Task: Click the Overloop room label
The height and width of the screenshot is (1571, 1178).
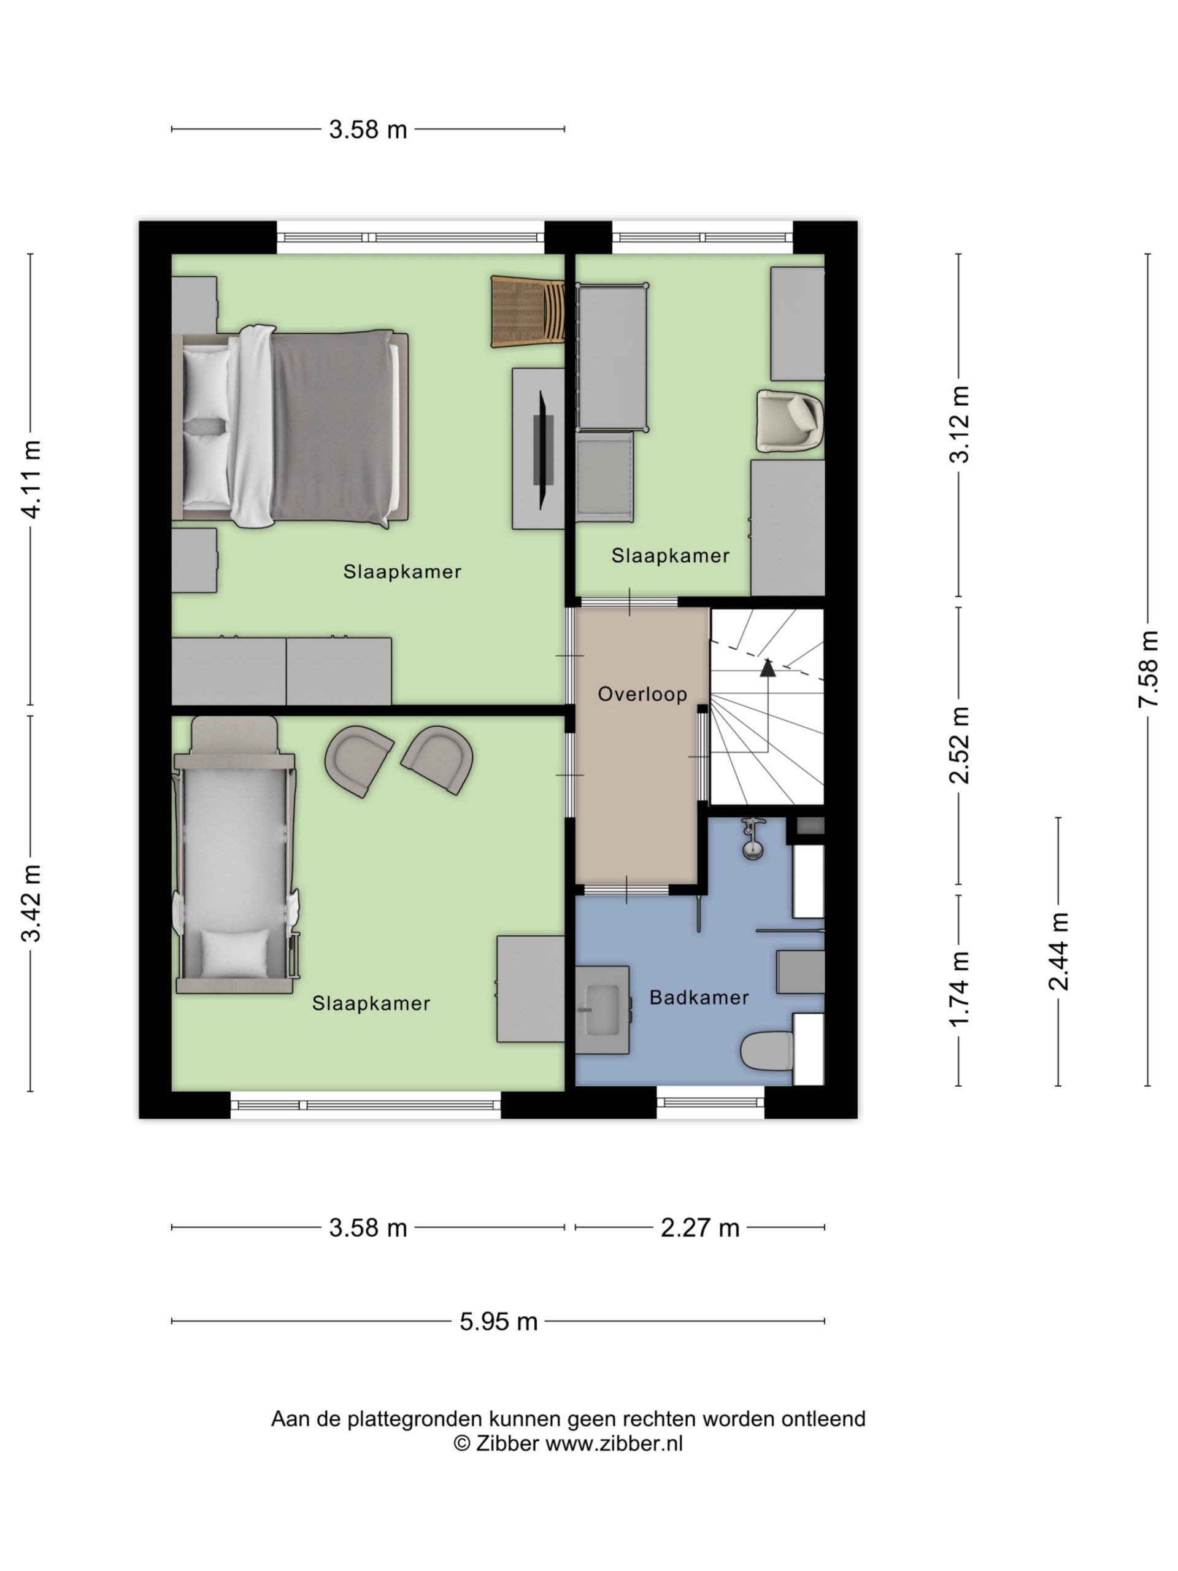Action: [642, 694]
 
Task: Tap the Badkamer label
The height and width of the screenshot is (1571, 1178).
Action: [699, 998]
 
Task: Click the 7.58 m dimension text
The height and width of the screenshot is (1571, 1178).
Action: [1147, 669]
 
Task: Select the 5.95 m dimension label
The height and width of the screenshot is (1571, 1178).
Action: [498, 1322]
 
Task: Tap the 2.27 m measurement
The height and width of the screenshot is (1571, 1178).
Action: [699, 1228]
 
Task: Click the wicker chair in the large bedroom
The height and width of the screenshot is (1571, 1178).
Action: [528, 311]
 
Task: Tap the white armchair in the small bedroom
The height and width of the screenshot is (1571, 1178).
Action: [790, 420]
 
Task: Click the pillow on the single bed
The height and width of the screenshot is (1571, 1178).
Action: [234, 952]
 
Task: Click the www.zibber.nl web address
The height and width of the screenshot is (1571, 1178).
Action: [614, 1444]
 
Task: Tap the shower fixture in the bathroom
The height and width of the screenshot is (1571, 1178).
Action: [753, 839]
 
